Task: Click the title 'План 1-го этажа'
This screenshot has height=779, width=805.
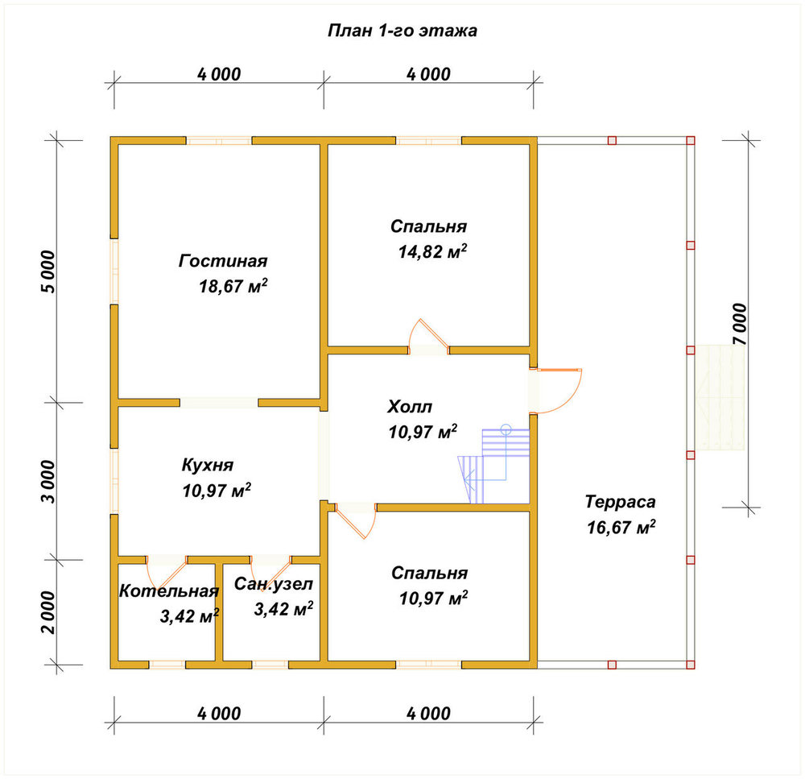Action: (x=402, y=31)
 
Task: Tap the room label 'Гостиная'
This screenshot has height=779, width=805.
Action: (x=223, y=260)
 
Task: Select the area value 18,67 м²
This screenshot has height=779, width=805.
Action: (x=233, y=286)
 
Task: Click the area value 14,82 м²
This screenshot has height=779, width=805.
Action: (x=433, y=251)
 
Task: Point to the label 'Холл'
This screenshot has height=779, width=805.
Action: (x=410, y=407)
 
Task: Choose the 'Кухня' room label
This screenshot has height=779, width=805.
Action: (x=208, y=465)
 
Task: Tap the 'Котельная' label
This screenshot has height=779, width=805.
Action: (x=169, y=591)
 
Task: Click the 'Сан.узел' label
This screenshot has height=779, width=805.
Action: (x=273, y=584)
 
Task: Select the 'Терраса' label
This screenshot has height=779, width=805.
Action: (x=620, y=502)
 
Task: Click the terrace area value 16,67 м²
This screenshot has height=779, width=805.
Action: (x=621, y=527)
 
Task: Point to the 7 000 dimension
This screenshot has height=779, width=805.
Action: (x=740, y=324)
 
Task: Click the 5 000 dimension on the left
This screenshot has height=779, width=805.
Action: (x=47, y=271)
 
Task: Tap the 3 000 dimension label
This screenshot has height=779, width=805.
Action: (x=47, y=482)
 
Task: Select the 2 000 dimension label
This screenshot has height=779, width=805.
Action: (x=47, y=612)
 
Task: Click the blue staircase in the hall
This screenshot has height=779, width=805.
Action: (x=494, y=465)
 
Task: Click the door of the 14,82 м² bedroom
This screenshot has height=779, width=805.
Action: (x=429, y=337)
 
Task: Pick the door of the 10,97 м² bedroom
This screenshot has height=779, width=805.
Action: (x=356, y=520)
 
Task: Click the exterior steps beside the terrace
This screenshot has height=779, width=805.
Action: (x=718, y=398)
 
